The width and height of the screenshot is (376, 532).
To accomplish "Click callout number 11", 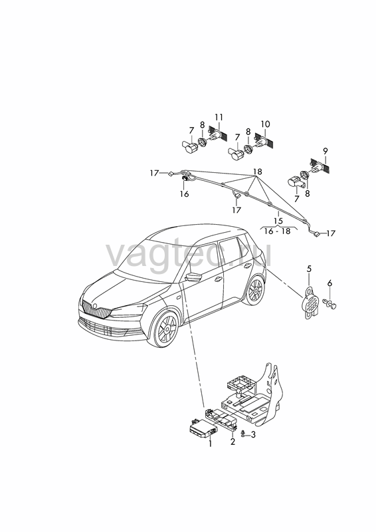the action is (x=219, y=118).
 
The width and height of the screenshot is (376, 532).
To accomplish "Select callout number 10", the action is (x=266, y=124).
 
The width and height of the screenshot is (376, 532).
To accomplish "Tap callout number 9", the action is (x=325, y=151).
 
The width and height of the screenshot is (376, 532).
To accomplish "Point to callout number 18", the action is (x=258, y=172).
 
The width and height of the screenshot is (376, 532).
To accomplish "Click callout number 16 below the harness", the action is (x=185, y=194).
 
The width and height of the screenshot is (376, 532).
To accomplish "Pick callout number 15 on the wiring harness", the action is (x=278, y=221).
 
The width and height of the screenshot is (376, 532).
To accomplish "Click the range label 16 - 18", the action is (x=278, y=231).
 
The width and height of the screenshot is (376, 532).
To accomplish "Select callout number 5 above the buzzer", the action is (x=309, y=269).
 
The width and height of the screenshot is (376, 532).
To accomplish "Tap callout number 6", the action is (x=329, y=283).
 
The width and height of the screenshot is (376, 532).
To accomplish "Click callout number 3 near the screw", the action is (x=253, y=435).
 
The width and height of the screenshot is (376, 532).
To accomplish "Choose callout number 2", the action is (x=233, y=442).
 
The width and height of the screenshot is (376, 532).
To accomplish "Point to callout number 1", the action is (x=210, y=444).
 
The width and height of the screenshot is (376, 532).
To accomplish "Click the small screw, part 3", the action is (x=242, y=434).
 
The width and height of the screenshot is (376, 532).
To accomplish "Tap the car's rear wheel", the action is (x=256, y=291).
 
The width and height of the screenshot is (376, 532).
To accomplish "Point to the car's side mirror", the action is (x=193, y=276).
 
